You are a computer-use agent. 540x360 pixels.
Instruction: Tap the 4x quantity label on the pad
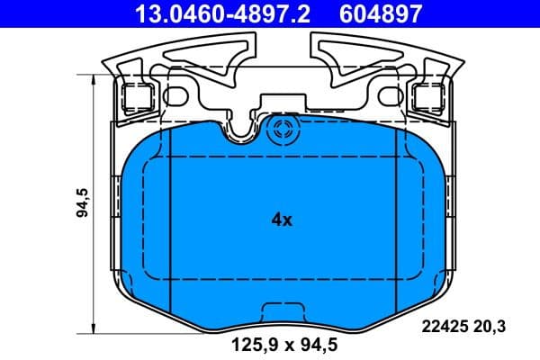[282, 220]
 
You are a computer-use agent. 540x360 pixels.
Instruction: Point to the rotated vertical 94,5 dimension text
[82, 204]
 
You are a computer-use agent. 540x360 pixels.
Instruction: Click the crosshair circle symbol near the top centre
[283, 128]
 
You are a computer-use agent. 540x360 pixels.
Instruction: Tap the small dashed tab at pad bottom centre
[282, 310]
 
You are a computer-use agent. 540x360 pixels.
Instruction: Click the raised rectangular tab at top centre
[282, 104]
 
